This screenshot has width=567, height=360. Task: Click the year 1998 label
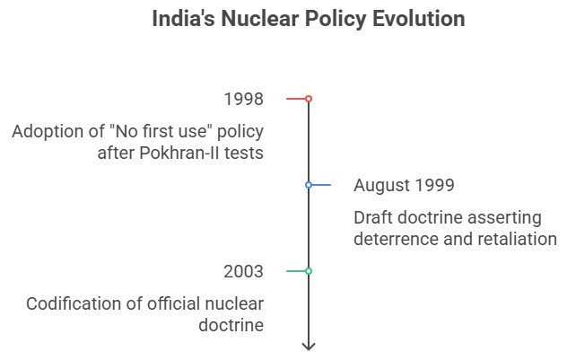(x=244, y=98)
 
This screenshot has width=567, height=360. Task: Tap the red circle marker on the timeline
(x=309, y=98)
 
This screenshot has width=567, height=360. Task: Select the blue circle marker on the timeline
(x=309, y=185)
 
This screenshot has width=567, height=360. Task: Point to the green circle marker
(x=309, y=270)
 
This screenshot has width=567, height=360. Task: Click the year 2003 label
(x=244, y=271)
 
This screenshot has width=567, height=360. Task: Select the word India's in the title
(x=181, y=19)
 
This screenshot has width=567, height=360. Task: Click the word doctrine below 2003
(x=231, y=325)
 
